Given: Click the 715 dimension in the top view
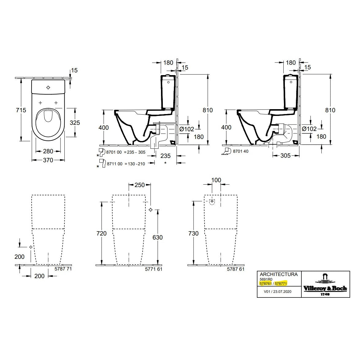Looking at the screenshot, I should coord(21,110).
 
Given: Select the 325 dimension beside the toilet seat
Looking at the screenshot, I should coord(75,122).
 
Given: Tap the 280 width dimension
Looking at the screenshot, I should coord(48,151).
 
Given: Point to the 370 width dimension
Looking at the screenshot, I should coord(48,160).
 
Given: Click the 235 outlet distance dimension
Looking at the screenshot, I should coord(165,156).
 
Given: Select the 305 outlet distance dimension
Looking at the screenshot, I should coord(285,156).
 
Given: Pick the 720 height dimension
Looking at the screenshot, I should coord(101,234).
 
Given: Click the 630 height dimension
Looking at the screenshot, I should coord(157,237).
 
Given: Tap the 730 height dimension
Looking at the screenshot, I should coord(193,234).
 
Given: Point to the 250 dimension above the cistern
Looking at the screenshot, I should coord(140,185).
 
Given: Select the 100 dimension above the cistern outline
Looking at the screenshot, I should coord(216,180).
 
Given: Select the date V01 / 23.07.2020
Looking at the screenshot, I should coord(278,292).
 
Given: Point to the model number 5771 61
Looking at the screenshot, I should coord(155,269).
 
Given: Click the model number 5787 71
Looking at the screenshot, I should coord(63,269).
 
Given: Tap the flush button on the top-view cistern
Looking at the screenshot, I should coord(48,88).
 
